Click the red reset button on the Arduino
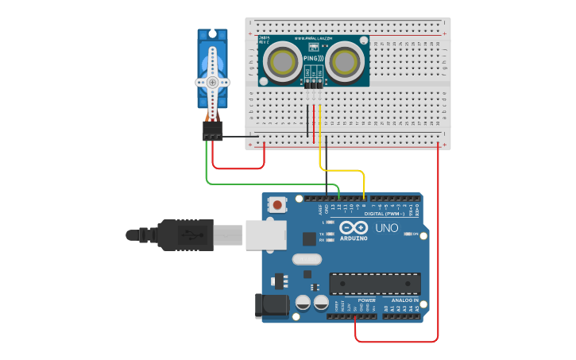pos(277,205)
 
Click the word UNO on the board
pos(386,228)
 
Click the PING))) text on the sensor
pos(313,59)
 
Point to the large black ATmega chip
pos(375,284)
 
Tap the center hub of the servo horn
pos(212,81)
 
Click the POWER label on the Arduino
pos(366,300)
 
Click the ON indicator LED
pos(406,234)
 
